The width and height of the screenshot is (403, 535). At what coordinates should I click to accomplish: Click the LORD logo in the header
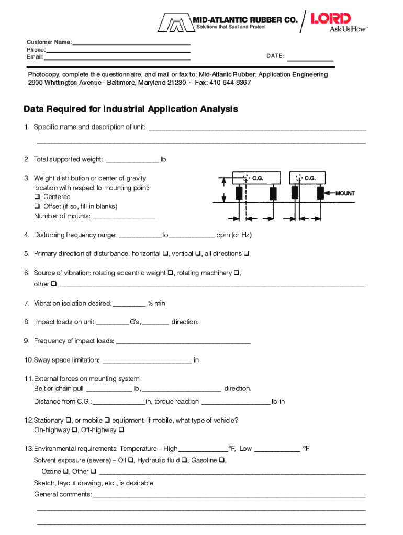[x=331, y=19]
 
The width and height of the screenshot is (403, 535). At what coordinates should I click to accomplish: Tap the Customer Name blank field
[x=131, y=42]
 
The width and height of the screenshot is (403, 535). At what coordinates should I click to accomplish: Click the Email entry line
[x=117, y=57]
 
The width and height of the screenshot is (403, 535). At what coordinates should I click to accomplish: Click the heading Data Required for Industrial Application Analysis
[x=131, y=109]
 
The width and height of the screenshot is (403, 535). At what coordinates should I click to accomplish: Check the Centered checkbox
[x=37, y=197]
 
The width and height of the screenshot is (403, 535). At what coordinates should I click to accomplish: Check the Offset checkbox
[x=37, y=206]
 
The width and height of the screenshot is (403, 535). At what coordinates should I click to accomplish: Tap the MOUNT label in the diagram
[x=345, y=193]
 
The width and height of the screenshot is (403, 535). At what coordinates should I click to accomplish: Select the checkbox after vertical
[x=198, y=254]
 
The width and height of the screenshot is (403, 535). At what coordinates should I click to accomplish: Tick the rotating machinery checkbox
[x=237, y=273]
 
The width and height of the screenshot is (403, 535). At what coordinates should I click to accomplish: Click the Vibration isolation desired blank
[x=129, y=304]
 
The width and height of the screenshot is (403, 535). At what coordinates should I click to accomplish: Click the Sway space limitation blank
[x=147, y=360]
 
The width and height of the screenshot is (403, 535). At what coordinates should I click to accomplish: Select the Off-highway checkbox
[x=121, y=430]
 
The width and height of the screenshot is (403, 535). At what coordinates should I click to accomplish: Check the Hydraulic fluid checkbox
[x=184, y=460]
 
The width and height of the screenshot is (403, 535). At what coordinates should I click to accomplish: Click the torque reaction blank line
[x=235, y=402]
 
